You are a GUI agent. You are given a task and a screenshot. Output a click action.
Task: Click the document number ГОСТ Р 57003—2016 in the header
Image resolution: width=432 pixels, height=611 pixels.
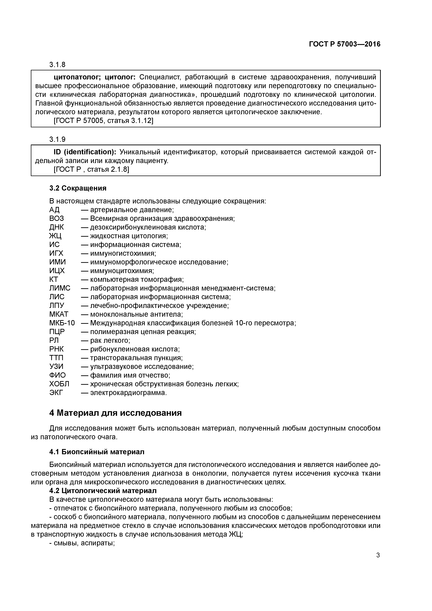344,44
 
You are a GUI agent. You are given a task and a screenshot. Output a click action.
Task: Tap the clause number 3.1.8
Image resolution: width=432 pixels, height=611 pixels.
57,65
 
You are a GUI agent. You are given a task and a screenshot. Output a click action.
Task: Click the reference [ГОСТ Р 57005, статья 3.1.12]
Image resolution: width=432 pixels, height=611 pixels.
103,121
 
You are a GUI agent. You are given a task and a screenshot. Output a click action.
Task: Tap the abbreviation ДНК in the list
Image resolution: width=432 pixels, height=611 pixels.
56,227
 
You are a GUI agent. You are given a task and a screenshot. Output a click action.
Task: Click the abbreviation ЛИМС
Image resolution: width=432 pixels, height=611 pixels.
60,288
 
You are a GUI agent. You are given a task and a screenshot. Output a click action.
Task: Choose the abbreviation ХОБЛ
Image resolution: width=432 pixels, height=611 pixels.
59,384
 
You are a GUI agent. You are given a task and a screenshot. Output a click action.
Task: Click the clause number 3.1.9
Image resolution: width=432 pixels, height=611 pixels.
57,140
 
